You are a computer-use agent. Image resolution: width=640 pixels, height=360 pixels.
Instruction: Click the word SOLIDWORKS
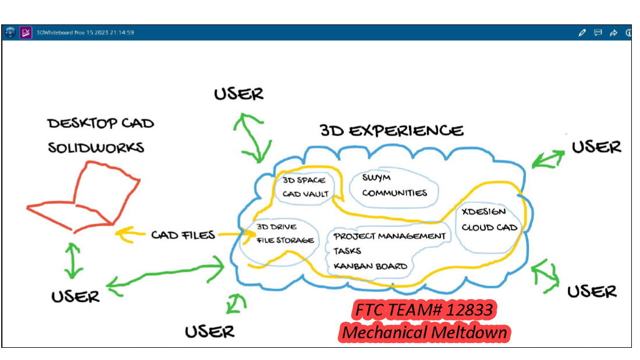pyautogui.click(x=96, y=148)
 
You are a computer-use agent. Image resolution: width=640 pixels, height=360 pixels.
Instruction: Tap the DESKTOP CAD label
pyautogui.click(x=101, y=123)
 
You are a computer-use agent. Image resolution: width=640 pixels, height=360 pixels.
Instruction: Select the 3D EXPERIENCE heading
pyautogui.click(x=392, y=130)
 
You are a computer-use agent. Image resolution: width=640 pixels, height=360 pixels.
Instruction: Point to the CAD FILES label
pyautogui.click(x=183, y=235)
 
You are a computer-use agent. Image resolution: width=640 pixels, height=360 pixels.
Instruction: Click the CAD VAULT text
pyautogui.click(x=306, y=194)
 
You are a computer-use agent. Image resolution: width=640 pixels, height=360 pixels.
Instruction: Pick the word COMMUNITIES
pyautogui.click(x=394, y=193)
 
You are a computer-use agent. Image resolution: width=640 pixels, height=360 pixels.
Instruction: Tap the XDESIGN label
pyautogui.click(x=483, y=212)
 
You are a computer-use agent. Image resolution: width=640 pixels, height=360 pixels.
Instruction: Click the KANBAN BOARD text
pyautogui.click(x=370, y=266)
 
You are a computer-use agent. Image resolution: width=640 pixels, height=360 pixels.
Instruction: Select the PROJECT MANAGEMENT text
pyautogui.click(x=390, y=236)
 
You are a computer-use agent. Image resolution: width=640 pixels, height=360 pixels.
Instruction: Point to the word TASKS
pyautogui.click(x=347, y=251)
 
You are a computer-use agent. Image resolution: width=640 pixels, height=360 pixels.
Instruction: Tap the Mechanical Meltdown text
pyautogui.click(x=425, y=333)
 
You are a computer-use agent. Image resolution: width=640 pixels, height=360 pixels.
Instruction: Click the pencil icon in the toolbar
pyautogui.click(x=582, y=33)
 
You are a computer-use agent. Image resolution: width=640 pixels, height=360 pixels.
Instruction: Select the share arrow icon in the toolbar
pyautogui.click(x=613, y=33)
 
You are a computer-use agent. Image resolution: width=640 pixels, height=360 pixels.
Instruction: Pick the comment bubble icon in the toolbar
pyautogui.click(x=598, y=33)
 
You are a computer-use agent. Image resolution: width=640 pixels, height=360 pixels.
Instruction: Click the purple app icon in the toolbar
pyautogui.click(x=26, y=33)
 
